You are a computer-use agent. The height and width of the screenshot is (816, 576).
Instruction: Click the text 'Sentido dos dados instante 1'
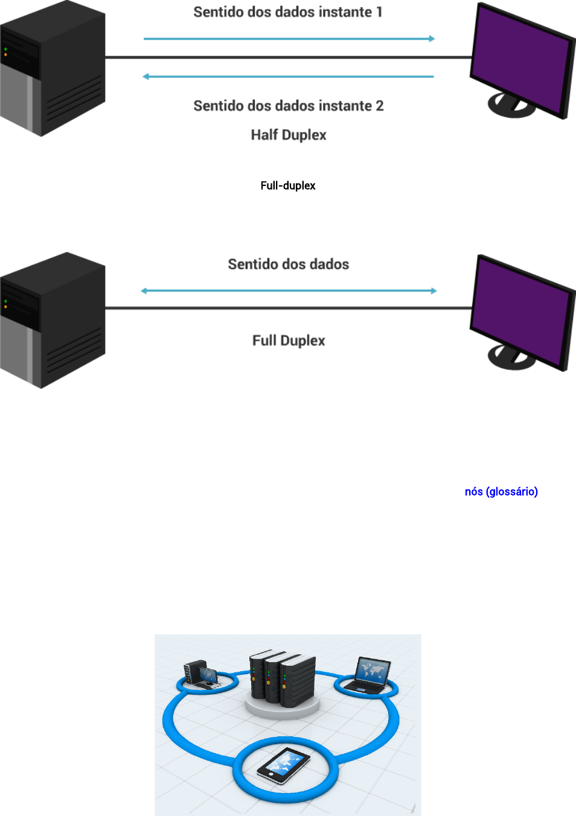(x=288, y=12)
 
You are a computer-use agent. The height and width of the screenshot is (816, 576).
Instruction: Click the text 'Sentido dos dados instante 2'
(x=289, y=106)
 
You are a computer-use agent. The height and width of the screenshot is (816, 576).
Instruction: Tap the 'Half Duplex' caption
(x=289, y=135)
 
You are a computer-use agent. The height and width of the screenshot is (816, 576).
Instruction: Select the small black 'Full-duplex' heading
(x=288, y=185)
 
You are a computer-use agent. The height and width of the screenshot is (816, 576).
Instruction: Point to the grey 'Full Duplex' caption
(x=289, y=340)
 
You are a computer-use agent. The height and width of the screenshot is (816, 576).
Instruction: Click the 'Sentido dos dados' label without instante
(x=289, y=264)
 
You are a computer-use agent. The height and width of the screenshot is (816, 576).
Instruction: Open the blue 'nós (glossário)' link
(x=501, y=491)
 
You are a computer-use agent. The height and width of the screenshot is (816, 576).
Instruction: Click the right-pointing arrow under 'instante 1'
(x=289, y=39)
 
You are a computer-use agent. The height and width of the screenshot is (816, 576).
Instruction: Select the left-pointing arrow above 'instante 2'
(x=289, y=77)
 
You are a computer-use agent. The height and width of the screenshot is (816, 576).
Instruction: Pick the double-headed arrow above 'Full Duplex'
(x=289, y=291)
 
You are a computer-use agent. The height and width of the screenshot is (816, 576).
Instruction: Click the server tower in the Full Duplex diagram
(x=53, y=320)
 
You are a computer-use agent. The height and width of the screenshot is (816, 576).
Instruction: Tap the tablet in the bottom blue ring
(x=283, y=765)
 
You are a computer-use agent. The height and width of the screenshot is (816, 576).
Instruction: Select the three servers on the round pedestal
(x=283, y=679)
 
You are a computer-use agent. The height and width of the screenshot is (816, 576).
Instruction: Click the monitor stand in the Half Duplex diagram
(x=511, y=106)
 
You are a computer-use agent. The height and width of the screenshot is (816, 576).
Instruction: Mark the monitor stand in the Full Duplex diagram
(x=511, y=358)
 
